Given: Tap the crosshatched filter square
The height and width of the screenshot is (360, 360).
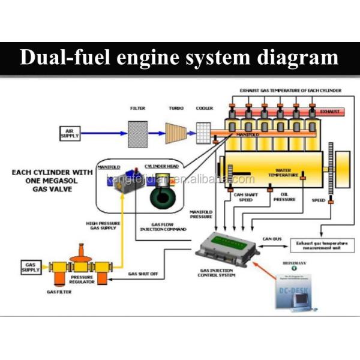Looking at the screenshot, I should click(137, 133).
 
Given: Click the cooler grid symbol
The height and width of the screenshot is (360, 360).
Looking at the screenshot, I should click(204, 132).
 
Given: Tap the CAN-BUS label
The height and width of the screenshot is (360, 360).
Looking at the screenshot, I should click(272, 238).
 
